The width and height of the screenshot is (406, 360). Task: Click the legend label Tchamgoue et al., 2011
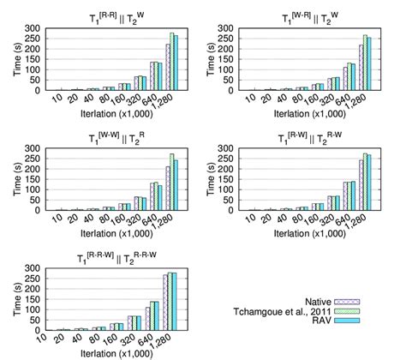pyautogui.click(x=280, y=311)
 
